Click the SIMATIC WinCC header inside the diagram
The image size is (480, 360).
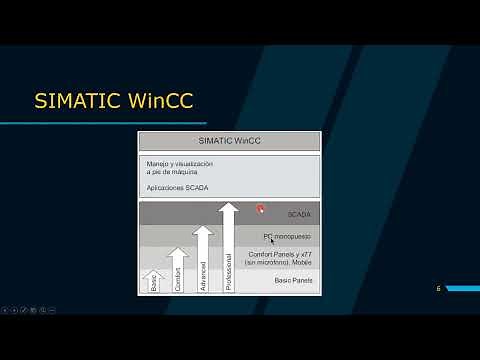[x=229, y=141]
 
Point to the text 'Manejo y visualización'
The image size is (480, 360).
[x=182, y=163]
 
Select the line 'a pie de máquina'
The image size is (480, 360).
[x=173, y=172]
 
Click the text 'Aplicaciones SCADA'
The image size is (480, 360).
[x=179, y=188]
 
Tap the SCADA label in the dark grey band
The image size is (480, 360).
[x=299, y=215]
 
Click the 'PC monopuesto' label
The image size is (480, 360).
[x=288, y=237]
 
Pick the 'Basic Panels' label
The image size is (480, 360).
[x=293, y=281]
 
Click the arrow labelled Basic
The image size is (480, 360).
[x=154, y=281]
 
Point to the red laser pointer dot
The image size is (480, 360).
[x=260, y=209]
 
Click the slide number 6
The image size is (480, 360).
[x=438, y=289]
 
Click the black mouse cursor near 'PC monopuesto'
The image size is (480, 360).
[x=268, y=239]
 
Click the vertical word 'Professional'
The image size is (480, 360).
[x=228, y=271]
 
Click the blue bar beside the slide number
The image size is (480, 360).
[x=463, y=289]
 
